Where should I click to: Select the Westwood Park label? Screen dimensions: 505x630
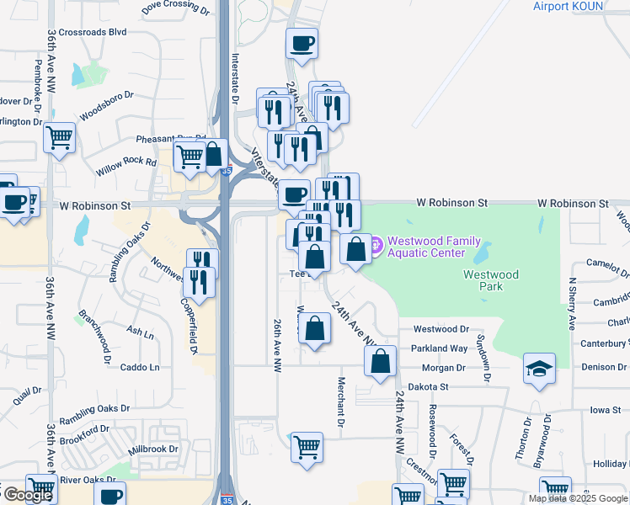[491, 280]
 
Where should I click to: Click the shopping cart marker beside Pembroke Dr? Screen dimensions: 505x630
[59, 137]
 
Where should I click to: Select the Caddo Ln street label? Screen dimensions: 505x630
[140, 368]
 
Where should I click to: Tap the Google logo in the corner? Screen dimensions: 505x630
[27, 495]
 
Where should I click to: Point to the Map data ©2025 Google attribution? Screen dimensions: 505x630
[578, 498]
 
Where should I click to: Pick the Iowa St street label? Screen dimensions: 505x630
[604, 410]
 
